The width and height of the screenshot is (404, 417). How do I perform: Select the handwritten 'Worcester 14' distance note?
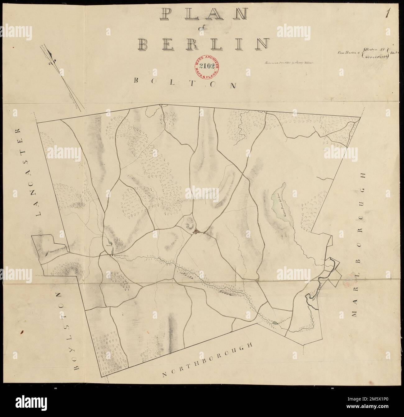[x=376, y=57]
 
